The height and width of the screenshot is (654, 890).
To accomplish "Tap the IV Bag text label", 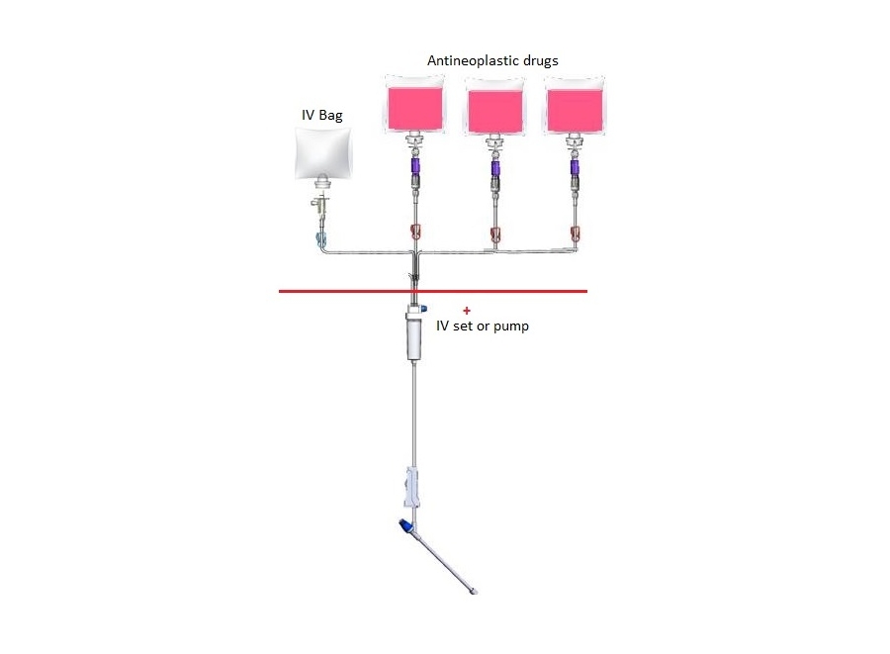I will pyautogui.click(x=322, y=116).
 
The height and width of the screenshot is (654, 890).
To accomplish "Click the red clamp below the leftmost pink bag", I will pyautogui.click(x=414, y=234).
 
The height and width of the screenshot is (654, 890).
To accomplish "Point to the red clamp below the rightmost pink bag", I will pyautogui.click(x=576, y=234).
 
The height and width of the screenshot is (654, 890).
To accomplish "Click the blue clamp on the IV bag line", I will pyautogui.click(x=316, y=237).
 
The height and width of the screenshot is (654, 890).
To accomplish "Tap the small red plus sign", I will pyautogui.click(x=467, y=310).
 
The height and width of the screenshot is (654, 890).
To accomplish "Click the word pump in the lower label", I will pyautogui.click(x=511, y=326).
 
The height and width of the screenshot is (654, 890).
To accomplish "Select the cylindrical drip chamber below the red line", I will pyautogui.click(x=413, y=336).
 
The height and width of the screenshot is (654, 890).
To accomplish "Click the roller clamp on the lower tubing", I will pyautogui.click(x=412, y=488).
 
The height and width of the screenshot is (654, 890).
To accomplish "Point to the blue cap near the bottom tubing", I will pyautogui.click(x=403, y=525).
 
